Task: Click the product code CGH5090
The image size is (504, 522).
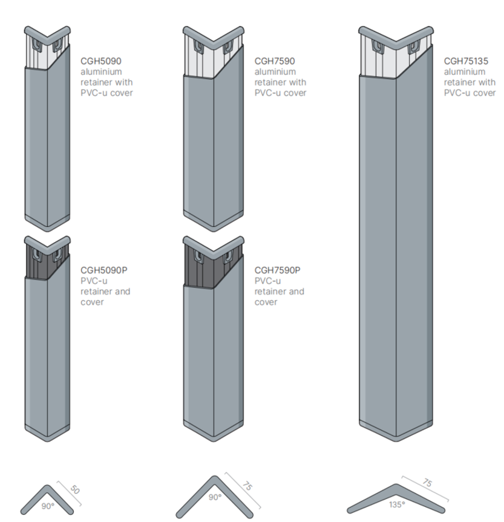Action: [x=99, y=60]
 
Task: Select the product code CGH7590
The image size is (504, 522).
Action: [x=273, y=60]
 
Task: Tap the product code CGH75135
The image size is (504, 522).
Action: [x=466, y=60]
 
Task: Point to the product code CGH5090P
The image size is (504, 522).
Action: [x=102, y=270]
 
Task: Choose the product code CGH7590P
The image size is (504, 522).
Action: [x=277, y=270]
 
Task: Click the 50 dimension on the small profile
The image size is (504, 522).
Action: [x=75, y=490]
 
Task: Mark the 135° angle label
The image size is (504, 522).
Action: [x=397, y=503]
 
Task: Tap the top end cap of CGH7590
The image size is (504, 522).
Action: [x=214, y=33]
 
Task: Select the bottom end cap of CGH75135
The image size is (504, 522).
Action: [x=396, y=431]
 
